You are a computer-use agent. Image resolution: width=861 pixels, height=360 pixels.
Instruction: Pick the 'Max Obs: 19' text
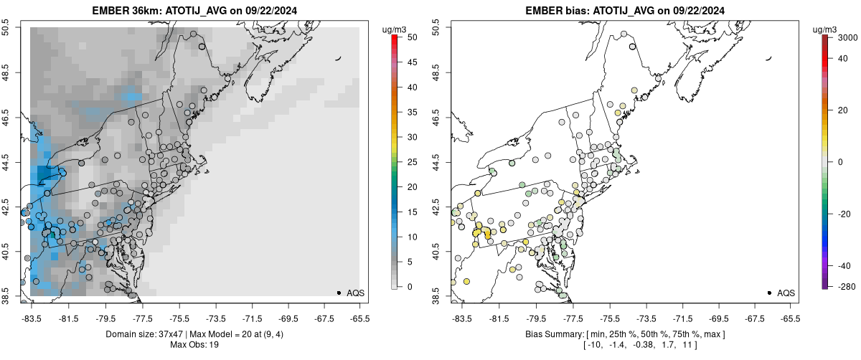(194, 345)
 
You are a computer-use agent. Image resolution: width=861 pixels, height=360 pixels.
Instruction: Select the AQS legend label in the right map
(786, 293)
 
